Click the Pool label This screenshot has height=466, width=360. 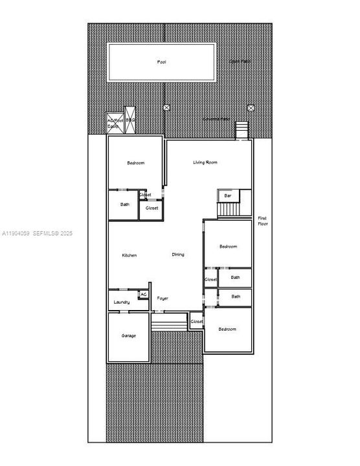click(161, 62)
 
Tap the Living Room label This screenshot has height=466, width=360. click(205, 162)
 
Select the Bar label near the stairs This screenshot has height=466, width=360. click(228, 195)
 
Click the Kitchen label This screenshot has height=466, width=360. click(129, 255)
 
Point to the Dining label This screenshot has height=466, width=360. click(178, 254)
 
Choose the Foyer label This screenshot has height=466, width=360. click(163, 298)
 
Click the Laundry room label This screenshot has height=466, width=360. click(122, 302)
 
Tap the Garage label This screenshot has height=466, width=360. click(128, 336)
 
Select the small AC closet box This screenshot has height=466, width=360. click(143, 294)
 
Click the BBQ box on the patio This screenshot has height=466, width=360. click(130, 120)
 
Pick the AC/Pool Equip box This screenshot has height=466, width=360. click(114, 123)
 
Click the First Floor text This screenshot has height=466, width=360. click(262, 220)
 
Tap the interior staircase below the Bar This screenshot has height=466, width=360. click(229, 210)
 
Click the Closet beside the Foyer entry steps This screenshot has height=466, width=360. click(197, 322)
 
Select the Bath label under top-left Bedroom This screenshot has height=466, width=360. click(125, 205)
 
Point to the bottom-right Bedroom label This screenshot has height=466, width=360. click(227, 329)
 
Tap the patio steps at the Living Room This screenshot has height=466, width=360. click(242, 129)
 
